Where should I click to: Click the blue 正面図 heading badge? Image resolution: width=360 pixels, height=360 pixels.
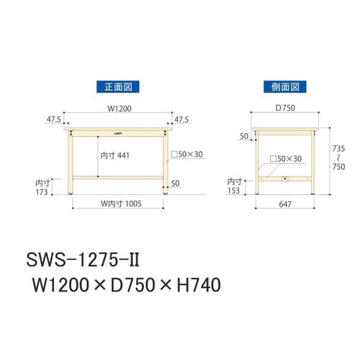pos(118,86)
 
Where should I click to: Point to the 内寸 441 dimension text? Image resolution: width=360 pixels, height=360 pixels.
pos(115,155)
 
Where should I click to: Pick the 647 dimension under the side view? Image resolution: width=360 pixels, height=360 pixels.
pos(285,204)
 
